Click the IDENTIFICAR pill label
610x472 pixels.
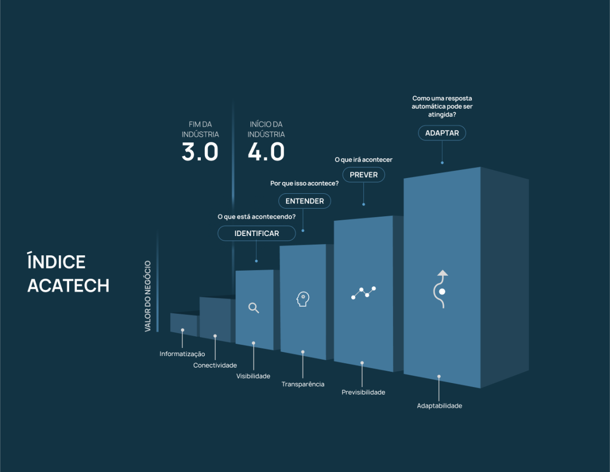coord(257,233)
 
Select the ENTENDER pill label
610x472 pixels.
coord(304,201)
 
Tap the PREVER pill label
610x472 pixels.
coord(363,174)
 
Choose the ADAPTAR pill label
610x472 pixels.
coord(442,133)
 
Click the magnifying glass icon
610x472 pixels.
coord(254,308)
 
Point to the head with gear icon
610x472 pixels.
coord(303,299)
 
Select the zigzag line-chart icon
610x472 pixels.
coord(363,293)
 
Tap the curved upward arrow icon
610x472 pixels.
coord(441,289)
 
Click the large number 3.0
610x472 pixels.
coord(200,152)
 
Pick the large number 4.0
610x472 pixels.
coord(266,152)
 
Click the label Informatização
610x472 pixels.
coord(182,354)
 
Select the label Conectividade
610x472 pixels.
coord(215,365)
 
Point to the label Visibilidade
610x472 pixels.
coord(253,376)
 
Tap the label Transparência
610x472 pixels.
coord(303,384)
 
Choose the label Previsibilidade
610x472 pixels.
coord(363,392)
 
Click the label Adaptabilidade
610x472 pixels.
coord(439,406)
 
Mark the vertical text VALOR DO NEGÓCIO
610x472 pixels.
coord(147,296)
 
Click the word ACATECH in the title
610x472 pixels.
coord(68,285)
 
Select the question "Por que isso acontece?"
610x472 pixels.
coord(304,183)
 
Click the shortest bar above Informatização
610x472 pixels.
coord(184,324)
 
